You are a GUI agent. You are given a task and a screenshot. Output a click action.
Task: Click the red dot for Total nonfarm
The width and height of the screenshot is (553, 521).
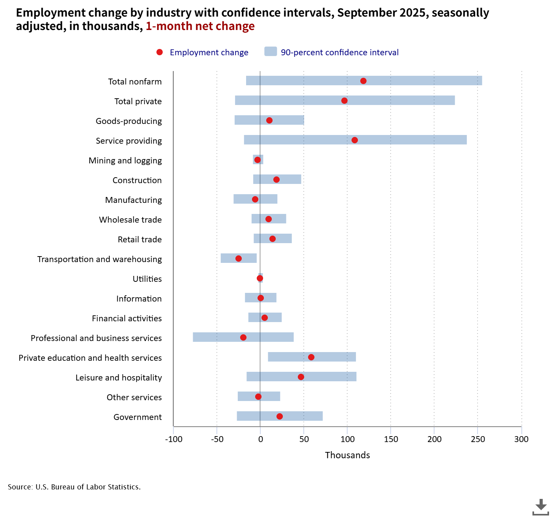tap(363, 81)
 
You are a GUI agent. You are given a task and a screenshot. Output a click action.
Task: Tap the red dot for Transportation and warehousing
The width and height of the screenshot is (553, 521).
tap(239, 259)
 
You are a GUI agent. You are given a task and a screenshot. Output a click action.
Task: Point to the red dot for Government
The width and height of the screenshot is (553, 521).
tap(280, 416)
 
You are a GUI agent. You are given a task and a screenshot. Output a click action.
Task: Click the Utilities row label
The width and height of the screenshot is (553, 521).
tap(147, 279)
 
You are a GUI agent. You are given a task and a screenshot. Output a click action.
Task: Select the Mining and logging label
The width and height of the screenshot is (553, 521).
tap(125, 161)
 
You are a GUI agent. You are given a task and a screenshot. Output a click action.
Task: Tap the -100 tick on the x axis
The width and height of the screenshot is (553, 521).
tap(174, 439)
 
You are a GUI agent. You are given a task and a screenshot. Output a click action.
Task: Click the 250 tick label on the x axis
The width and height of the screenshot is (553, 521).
tap(478, 439)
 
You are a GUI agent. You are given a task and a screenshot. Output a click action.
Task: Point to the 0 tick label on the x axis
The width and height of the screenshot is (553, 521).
tap(260, 439)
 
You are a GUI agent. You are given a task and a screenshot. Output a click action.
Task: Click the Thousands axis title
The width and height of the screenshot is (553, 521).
tap(348, 455)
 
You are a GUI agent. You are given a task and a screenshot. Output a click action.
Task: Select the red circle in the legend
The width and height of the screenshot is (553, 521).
tap(160, 52)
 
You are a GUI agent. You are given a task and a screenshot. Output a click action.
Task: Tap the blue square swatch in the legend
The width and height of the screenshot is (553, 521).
tap(271, 52)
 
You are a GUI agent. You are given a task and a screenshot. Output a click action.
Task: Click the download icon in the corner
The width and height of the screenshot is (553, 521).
tap(541, 507)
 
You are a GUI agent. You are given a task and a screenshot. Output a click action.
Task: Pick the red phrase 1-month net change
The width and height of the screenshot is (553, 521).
tap(200, 26)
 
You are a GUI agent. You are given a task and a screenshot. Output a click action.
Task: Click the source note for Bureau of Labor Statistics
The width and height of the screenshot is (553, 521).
tap(74, 487)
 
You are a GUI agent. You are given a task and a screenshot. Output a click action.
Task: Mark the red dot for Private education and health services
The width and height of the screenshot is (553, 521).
tap(311, 357)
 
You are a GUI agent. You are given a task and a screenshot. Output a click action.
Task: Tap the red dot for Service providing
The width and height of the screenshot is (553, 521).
tap(355, 140)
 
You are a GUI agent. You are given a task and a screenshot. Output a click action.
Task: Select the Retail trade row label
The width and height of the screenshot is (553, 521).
tap(139, 240)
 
